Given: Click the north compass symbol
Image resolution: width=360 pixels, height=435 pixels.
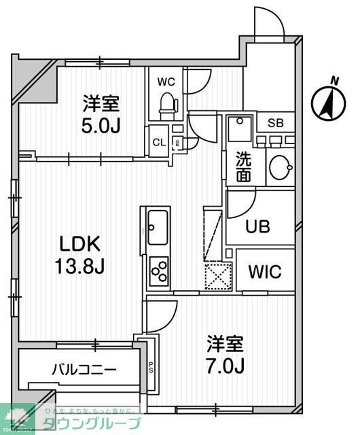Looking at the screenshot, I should point(325,102).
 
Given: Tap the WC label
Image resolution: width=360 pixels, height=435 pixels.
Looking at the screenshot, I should point(166,82).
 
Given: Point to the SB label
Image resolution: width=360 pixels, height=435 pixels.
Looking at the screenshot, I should point(275,123).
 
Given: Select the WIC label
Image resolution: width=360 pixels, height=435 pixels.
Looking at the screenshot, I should point(265,272).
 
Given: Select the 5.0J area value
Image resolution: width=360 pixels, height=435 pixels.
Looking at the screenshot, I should point(101,126).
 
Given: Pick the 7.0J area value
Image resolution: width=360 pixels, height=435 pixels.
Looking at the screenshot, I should point(226,366).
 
